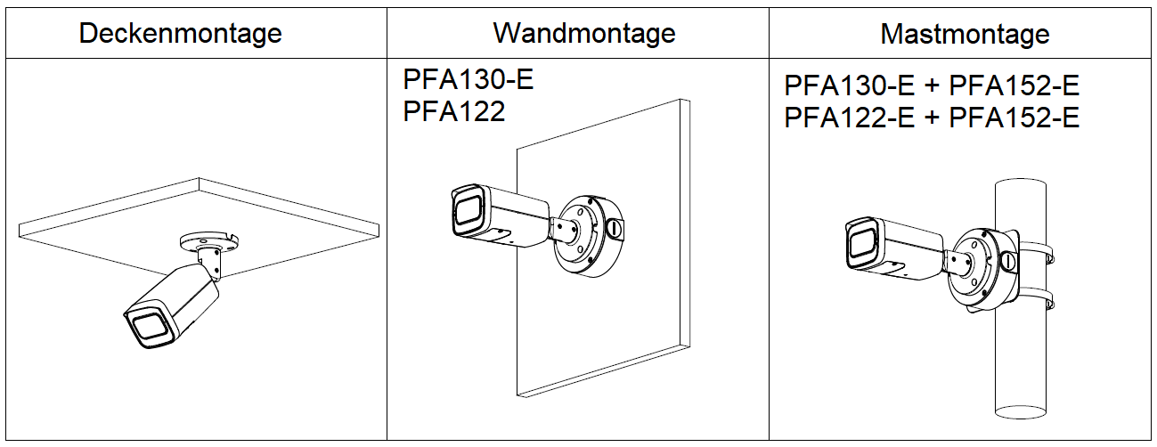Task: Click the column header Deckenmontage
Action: [180, 34]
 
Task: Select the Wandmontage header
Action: [583, 33]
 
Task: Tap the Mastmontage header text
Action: [964, 35]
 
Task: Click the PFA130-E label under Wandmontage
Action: [468, 81]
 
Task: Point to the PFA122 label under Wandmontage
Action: [453, 111]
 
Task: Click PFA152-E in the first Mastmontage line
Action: [1014, 87]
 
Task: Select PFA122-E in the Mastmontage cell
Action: [849, 118]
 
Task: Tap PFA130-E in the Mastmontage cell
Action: [849, 87]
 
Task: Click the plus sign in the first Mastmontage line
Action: [931, 87]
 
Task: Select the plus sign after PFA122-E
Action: [931, 118]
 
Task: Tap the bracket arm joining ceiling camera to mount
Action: [212, 262]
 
